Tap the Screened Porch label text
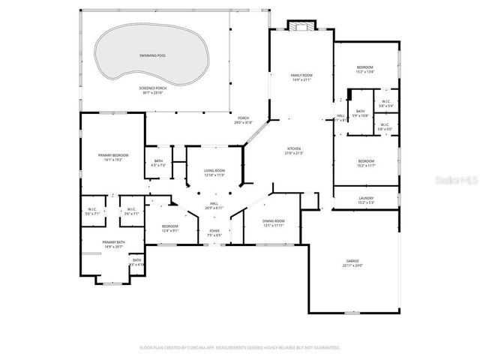tap(152, 88)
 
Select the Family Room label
tap(301, 75)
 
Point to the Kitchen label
tap(294, 148)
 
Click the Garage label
tap(352, 260)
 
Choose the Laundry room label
tap(366, 198)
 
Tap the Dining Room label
tap(273, 220)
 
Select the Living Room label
tap(215, 172)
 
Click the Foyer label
tap(214, 229)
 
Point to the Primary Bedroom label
tap(109, 154)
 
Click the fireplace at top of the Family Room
tap(303, 27)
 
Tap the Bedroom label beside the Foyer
tap(170, 226)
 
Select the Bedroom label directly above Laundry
tap(366, 161)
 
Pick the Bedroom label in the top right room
tap(364, 67)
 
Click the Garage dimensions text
tap(352, 265)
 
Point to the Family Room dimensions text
tap(301, 80)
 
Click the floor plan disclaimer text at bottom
tap(240, 348)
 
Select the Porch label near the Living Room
tap(243, 118)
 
